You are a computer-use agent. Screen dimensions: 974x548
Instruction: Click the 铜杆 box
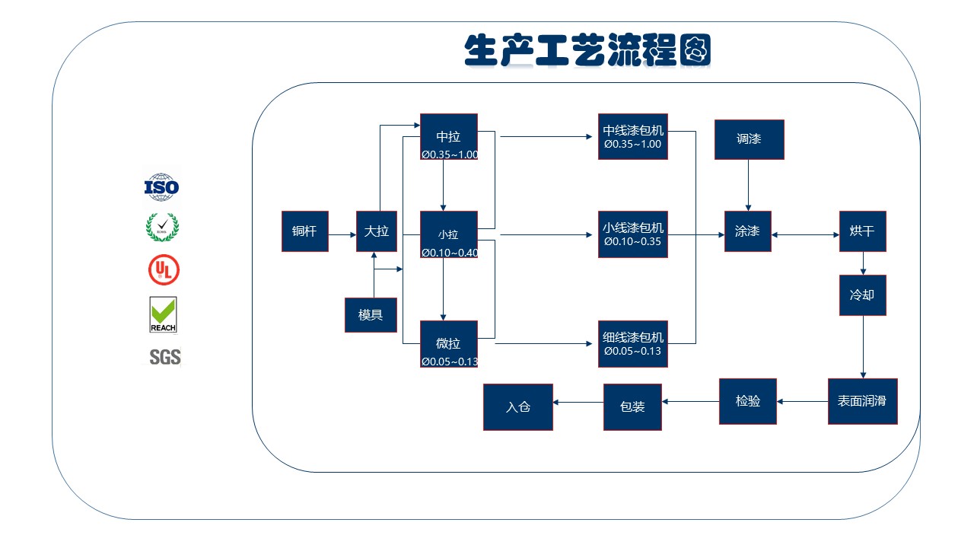coord(305,231)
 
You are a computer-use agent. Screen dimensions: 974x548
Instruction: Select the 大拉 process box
coord(377,231)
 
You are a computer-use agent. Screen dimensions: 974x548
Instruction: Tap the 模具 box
coord(371,315)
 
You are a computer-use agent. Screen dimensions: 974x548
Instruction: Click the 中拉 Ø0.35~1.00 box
coord(449,136)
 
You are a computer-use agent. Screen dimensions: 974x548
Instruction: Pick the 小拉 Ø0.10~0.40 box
coord(449,234)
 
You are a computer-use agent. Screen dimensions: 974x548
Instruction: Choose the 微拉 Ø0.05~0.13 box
coord(449,344)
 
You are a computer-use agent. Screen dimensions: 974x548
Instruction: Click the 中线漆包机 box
coord(633,136)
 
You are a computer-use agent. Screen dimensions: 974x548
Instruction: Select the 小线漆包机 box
coord(633,234)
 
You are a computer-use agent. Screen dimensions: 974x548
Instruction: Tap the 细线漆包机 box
coord(633,344)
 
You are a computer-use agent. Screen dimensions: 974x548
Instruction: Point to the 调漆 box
coord(750,139)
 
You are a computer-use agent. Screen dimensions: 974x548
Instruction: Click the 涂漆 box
coord(748,231)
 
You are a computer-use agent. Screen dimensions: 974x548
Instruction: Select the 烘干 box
coord(863,231)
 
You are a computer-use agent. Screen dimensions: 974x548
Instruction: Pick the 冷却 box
coord(863,295)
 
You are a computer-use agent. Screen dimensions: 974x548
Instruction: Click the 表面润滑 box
coord(863,401)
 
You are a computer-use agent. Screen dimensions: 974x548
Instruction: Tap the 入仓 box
coord(518,407)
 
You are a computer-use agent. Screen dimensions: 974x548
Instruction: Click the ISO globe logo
coord(162,187)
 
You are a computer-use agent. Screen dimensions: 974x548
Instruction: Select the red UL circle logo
coord(164,269)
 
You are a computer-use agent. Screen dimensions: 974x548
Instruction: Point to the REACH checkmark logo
coord(163,315)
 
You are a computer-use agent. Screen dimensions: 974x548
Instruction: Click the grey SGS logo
coord(165,357)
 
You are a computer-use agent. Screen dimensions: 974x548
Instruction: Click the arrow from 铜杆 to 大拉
coord(342,235)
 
